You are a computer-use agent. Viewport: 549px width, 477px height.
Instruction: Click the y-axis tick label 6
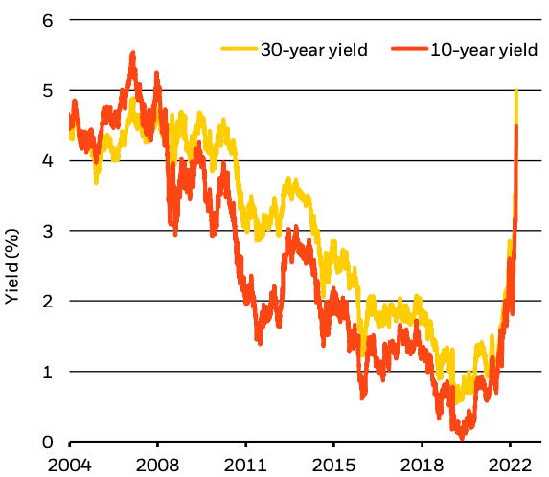pyautogui.click(x=46, y=20)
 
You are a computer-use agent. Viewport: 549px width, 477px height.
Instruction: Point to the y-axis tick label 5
pyautogui.click(x=46, y=90)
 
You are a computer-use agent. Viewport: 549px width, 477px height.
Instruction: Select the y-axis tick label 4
pyautogui.click(x=46, y=161)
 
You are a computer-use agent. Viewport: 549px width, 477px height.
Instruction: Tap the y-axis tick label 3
pyautogui.click(x=46, y=231)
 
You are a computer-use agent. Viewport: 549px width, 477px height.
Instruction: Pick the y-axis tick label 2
pyautogui.click(x=46, y=301)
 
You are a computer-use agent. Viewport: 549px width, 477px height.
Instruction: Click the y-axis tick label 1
pyautogui.click(x=46, y=371)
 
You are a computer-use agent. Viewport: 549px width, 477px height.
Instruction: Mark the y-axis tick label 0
pyautogui.click(x=46, y=442)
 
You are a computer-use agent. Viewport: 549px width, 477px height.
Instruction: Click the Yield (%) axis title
pyautogui.click(x=14, y=267)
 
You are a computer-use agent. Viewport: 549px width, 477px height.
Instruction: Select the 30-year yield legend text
pyautogui.click(x=314, y=50)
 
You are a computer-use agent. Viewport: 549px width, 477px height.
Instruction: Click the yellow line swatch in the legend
pyautogui.click(x=240, y=50)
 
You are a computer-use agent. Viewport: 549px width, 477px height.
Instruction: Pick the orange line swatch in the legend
pyautogui.click(x=405, y=50)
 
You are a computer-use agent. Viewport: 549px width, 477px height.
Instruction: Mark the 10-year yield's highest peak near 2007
pyautogui.click(x=132, y=54)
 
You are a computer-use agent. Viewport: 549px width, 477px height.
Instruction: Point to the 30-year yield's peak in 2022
pyautogui.click(x=516, y=91)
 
